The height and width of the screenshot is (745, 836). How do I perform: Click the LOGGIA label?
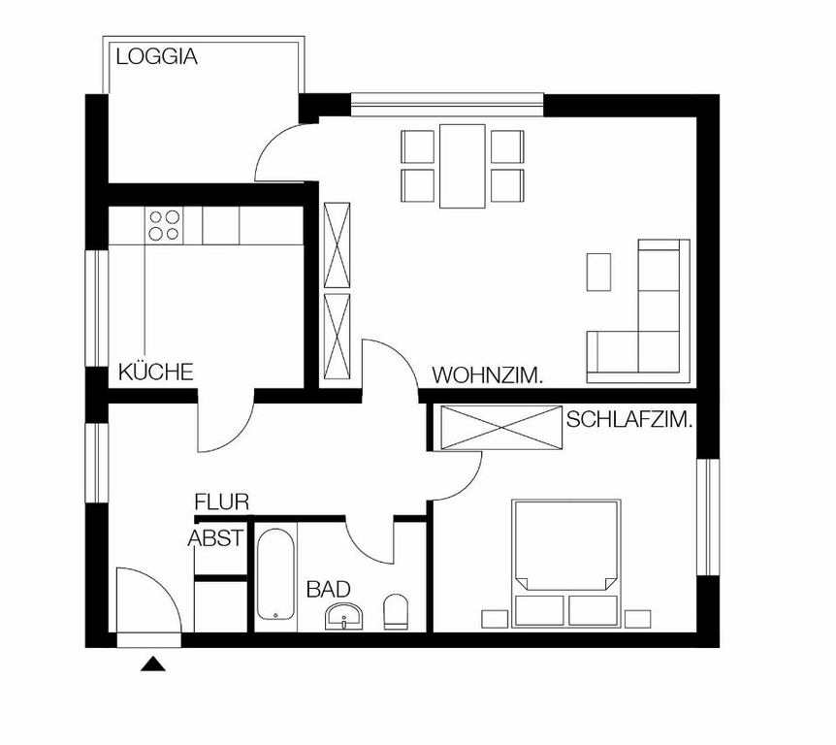[157, 56]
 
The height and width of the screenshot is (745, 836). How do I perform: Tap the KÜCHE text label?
[156, 372]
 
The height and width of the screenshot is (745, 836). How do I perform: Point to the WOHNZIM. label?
[487, 375]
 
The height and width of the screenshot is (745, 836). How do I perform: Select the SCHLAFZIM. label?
[629, 420]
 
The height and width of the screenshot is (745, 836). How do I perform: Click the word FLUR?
[222, 502]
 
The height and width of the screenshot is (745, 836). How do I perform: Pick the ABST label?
[216, 538]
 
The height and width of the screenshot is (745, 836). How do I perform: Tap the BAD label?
[329, 589]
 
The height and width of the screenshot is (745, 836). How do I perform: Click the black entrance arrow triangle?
[153, 664]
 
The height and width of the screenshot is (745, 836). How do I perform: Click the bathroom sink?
[344, 617]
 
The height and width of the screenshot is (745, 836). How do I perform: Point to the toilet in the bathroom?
[396, 612]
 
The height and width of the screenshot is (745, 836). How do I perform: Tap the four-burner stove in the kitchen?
[164, 226]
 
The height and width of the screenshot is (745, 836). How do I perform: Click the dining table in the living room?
[463, 166]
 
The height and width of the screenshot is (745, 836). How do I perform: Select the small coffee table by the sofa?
[598, 272]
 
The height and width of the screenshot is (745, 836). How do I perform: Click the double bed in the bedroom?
[566, 564]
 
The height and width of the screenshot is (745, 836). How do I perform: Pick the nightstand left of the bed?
[495, 619]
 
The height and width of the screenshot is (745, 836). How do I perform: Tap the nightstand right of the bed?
[637, 619]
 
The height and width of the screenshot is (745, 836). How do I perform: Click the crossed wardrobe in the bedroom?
[501, 427]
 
